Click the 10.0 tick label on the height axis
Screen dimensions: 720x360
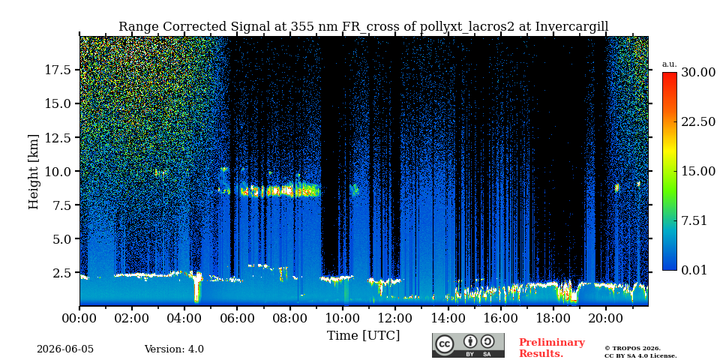tap(58, 171)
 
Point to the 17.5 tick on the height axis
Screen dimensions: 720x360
tap(58, 70)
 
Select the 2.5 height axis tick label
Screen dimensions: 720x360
tap(62, 273)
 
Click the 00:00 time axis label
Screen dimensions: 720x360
tap(79, 318)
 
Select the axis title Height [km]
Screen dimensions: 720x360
tap(34, 172)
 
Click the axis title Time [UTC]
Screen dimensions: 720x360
tap(363, 335)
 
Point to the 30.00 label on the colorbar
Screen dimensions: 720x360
tap(698, 72)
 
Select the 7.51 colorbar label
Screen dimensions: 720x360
tap(694, 220)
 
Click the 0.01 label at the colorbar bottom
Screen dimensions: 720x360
tap(694, 270)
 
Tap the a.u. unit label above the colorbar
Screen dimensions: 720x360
tap(669, 64)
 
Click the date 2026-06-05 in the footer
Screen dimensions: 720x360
tap(65, 349)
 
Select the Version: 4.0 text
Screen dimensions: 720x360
tap(174, 349)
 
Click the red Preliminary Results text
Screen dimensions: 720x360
tap(552, 348)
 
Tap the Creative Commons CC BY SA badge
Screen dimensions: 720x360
tap(468, 345)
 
